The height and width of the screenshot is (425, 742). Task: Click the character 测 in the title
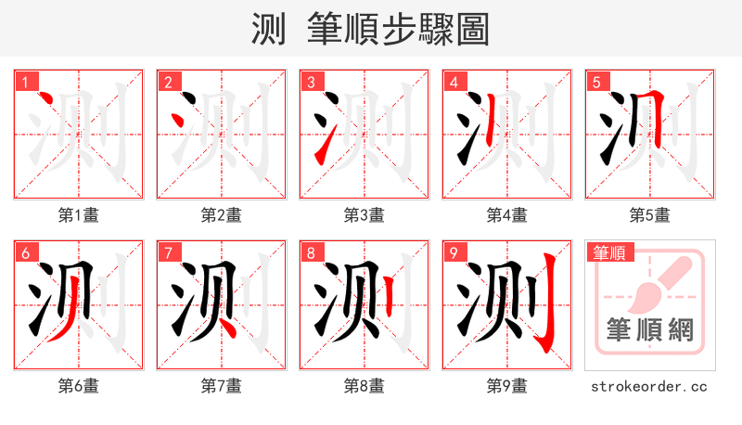pos(270,30)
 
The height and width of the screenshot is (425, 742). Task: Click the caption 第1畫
pos(78,215)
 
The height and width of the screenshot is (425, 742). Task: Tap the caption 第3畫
pos(364,215)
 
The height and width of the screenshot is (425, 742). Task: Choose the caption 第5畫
pos(649,215)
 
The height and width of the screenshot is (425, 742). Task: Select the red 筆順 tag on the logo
pos(608,251)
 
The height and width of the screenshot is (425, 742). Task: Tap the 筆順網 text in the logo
pos(649,330)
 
